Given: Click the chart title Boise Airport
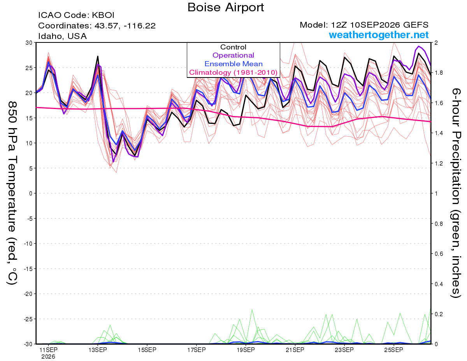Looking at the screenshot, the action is (226, 7).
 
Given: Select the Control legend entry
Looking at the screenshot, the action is (233, 47).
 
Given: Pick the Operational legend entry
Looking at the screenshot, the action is (233, 55).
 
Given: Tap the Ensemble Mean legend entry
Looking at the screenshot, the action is (233, 64).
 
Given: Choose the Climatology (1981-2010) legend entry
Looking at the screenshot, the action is (233, 72).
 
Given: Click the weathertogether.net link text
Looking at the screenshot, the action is (379, 35).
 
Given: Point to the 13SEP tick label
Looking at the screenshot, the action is (98, 350).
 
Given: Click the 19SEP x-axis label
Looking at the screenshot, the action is (246, 350).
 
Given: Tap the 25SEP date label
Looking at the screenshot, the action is (394, 350).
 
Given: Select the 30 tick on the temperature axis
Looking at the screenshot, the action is (29, 43).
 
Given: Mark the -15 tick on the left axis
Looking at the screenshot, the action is (28, 269).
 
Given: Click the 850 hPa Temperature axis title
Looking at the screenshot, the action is (12, 193).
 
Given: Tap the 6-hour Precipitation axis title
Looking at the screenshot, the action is (455, 193).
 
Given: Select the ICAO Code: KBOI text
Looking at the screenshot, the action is (76, 15).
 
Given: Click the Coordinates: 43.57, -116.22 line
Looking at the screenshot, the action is (97, 26).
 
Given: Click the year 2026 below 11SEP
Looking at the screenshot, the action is (48, 357).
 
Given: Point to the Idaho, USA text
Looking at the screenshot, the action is (63, 36).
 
